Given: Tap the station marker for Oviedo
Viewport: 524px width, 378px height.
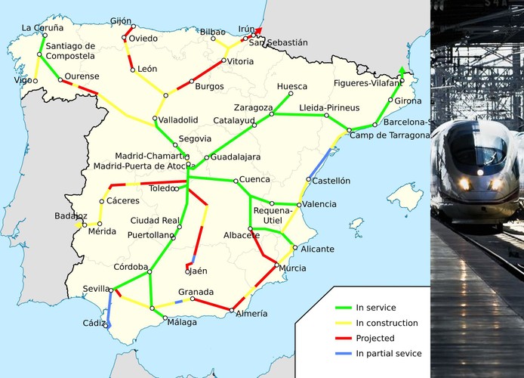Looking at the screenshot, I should [x=125, y=37].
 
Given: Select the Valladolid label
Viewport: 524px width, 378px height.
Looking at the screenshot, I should [x=178, y=120].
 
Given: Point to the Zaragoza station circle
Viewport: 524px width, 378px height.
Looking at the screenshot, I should [x=273, y=114].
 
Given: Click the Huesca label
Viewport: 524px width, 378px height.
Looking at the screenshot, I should [x=292, y=85].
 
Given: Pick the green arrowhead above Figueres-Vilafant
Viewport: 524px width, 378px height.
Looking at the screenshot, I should [x=402, y=72].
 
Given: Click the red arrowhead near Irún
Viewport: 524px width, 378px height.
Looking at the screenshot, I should [x=258, y=31].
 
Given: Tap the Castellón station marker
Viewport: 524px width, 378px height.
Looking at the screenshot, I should [x=309, y=179].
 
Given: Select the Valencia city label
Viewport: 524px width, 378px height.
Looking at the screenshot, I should [x=320, y=204].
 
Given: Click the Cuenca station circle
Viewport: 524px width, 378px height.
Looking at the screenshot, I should [x=236, y=180].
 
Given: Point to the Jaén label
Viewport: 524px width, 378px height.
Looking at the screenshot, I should [x=198, y=271].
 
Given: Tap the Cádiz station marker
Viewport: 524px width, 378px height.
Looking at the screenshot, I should [x=109, y=326].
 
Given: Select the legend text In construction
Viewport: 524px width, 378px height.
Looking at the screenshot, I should [x=387, y=324].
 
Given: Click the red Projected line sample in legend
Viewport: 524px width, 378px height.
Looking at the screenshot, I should [x=343, y=338].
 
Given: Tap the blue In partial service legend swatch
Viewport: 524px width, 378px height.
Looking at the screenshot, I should [x=343, y=353].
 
